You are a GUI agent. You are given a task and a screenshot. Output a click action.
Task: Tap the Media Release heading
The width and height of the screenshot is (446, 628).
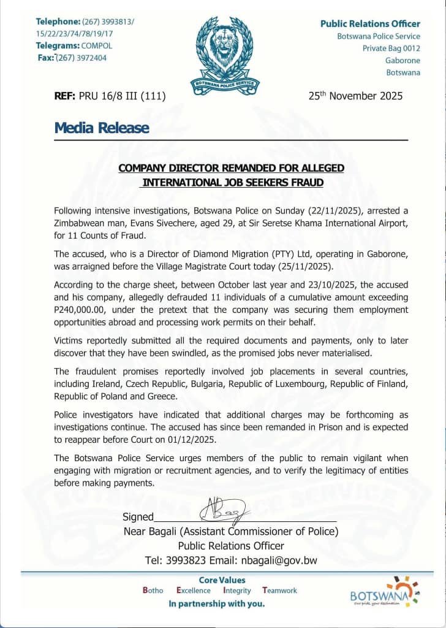[x=102, y=128]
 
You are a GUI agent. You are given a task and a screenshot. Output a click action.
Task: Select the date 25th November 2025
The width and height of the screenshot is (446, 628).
[x=355, y=96]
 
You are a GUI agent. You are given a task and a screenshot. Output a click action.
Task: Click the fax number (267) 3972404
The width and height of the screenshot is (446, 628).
[x=81, y=58]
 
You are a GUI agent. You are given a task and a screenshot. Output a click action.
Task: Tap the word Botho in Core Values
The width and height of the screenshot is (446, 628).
[x=153, y=591]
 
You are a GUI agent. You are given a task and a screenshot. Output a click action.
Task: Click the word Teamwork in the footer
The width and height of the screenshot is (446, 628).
[x=279, y=591]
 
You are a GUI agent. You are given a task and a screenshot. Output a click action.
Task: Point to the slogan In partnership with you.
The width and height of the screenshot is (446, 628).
[x=217, y=604]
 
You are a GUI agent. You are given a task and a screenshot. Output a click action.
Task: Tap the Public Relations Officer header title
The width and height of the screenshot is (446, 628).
[x=370, y=24]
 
